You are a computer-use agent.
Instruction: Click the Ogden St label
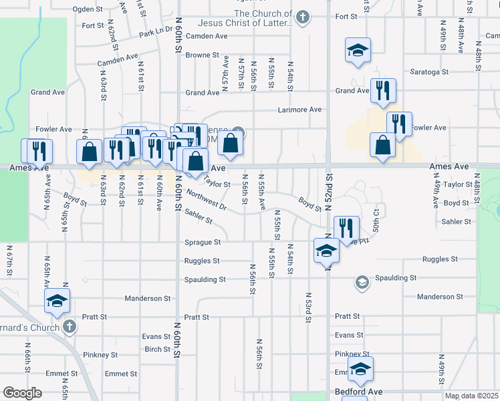[88, 10]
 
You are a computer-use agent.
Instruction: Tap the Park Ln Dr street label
[156, 33]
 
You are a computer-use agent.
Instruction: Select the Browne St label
[203, 55]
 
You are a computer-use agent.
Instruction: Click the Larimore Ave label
[300, 110]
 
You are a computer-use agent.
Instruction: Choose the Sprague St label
[203, 243]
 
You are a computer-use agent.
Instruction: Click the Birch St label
[158, 349]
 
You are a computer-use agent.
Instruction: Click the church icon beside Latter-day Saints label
[303, 17]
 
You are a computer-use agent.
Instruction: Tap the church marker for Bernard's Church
[69, 327]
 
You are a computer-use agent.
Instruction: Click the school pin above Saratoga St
[358, 50]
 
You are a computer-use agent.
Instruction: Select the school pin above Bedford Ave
[360, 369]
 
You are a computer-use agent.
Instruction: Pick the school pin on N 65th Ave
[57, 301]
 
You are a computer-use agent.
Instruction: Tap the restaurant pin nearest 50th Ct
[346, 228]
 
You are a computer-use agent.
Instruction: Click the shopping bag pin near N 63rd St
[90, 152]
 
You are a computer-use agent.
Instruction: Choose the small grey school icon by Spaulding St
[362, 282]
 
